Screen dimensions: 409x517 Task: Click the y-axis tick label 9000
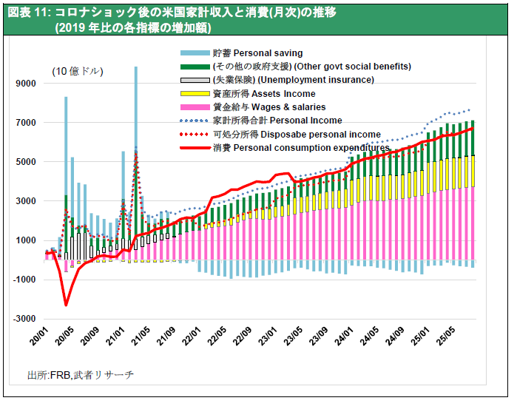tap(26, 84)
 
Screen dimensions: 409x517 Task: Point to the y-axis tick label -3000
tap(24, 318)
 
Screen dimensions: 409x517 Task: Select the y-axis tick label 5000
tap(26, 162)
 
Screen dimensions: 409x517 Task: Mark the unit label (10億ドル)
tap(77, 72)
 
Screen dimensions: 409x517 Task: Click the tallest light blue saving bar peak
tap(136, 68)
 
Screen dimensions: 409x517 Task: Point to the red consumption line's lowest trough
tap(65, 304)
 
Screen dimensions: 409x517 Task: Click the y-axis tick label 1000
tap(26, 240)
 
